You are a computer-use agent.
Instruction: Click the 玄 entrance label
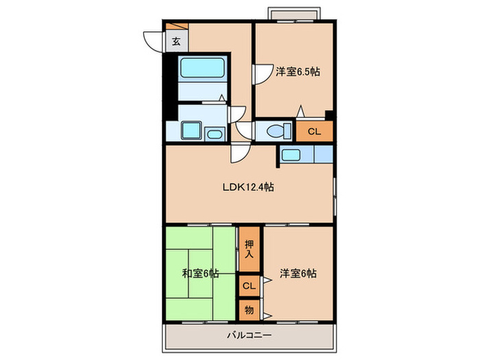176,41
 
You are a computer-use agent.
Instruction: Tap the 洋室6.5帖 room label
298,71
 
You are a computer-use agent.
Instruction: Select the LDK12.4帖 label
248,187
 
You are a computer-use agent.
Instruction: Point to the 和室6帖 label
200,274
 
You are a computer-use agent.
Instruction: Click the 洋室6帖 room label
298,274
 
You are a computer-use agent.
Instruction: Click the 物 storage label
248,310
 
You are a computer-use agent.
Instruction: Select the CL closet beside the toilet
313,131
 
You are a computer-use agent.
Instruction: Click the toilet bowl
277,130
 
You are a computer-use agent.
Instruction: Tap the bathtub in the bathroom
202,69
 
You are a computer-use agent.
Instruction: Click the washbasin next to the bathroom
213,133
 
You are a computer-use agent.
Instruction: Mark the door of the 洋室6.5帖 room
261,74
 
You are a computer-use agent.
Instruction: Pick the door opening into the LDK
239,153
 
